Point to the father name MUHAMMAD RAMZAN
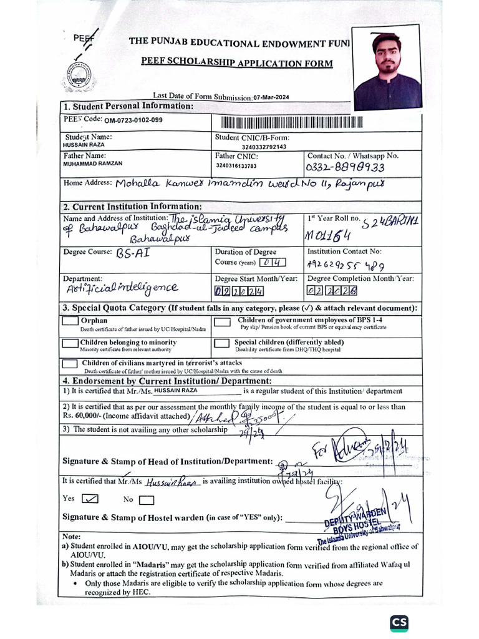[93, 163]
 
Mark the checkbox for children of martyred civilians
[70, 364]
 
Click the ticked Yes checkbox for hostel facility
[91, 499]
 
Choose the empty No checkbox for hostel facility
[147, 499]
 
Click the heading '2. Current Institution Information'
[132, 207]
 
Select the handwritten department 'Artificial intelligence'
[121, 288]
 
